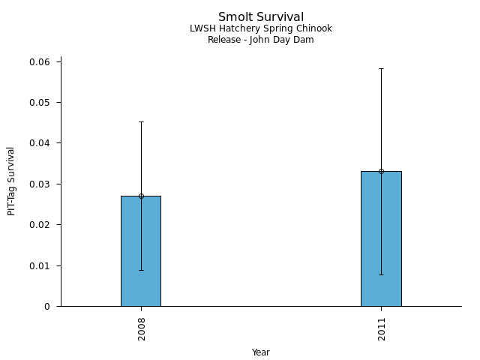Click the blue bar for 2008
point(141,251)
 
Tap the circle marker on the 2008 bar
point(141,196)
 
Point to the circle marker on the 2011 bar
point(381,171)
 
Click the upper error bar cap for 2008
point(141,121)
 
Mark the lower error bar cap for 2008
point(141,270)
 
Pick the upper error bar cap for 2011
point(381,68)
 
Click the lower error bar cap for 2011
point(381,274)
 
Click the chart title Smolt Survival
point(261,16)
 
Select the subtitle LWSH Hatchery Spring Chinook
point(261,28)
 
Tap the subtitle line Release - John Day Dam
point(261,40)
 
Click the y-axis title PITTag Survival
point(11,181)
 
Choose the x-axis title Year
point(261,352)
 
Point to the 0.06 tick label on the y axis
point(39,61)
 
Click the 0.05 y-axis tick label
point(39,102)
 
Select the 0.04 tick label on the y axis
point(39,143)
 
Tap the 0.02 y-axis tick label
point(39,225)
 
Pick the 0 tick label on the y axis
point(47,307)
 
